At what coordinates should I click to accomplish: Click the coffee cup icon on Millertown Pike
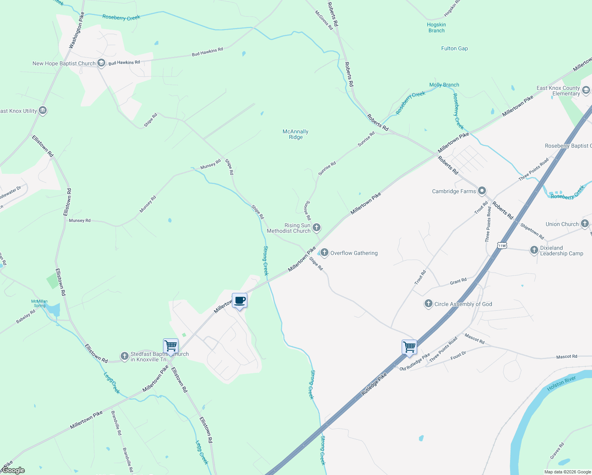[239, 300]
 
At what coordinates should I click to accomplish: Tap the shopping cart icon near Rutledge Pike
[409, 347]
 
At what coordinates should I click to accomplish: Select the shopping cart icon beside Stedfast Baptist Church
[171, 346]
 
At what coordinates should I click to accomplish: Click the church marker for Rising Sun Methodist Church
[316, 227]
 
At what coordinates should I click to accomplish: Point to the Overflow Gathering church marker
[324, 252]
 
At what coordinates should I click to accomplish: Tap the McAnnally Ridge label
[296, 134]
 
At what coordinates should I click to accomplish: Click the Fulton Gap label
[454, 48]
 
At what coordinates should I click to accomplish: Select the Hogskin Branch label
[436, 27]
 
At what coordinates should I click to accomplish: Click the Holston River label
[561, 384]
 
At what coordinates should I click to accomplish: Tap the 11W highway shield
[502, 245]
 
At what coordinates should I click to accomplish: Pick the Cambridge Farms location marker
[482, 191]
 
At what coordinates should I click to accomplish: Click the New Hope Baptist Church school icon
[101, 63]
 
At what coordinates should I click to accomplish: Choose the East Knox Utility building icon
[43, 110]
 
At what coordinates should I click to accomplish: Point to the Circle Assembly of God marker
[428, 304]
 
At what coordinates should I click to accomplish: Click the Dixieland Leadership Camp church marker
[534, 250]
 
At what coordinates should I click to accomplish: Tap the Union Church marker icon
[585, 224]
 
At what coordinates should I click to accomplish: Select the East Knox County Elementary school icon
[586, 90]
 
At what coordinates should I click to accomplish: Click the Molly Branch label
[444, 85]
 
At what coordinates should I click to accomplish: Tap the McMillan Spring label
[40, 303]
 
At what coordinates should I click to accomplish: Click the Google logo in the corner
[13, 470]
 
